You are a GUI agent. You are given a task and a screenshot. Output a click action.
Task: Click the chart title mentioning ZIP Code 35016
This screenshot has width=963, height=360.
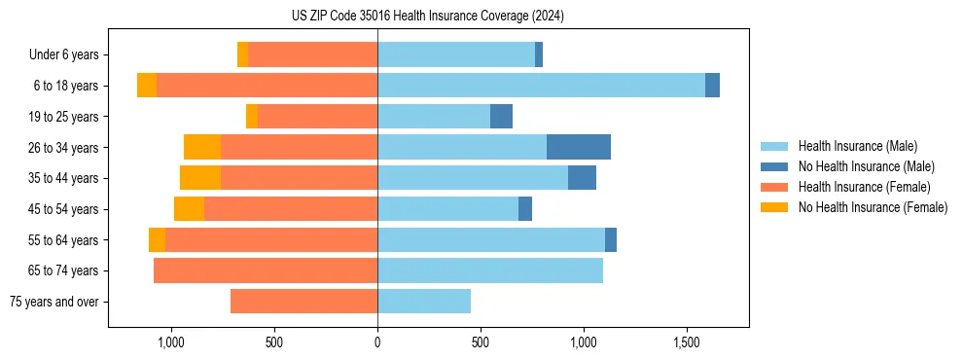427,17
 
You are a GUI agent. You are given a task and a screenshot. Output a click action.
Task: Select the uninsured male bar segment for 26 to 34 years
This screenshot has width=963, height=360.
579,147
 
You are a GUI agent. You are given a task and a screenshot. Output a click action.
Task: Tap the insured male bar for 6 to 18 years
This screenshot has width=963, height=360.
541,86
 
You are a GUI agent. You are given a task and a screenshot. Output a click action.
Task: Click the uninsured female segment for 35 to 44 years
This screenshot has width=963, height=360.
200,178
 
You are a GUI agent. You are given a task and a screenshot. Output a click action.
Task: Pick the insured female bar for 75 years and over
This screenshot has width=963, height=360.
303,302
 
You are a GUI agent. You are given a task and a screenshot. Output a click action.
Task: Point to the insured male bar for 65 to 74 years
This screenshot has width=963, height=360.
490,270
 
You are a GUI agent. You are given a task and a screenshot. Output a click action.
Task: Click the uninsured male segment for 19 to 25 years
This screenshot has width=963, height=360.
501,117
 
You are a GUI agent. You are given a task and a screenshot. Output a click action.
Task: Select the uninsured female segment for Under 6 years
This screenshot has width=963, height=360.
242,54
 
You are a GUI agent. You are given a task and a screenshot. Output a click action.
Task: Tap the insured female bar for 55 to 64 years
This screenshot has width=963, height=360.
271,239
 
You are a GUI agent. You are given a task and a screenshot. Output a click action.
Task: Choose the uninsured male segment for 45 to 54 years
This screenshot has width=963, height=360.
525,208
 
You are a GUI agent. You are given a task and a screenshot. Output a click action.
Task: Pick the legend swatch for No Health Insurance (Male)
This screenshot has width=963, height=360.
774,166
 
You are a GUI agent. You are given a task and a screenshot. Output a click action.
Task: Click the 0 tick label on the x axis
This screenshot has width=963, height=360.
377,342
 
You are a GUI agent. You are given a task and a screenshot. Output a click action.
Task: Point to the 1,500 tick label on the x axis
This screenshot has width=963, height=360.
687,342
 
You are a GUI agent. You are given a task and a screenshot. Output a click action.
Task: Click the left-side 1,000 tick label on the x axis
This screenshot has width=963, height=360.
170,342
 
